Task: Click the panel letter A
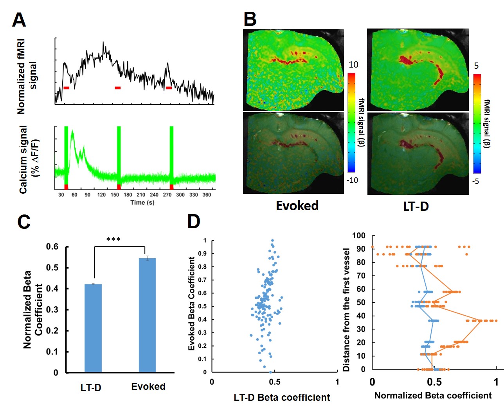click(x=19, y=20)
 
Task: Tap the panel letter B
click(x=250, y=19)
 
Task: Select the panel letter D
click(x=194, y=221)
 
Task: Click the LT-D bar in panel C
click(x=93, y=328)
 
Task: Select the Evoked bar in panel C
click(x=147, y=315)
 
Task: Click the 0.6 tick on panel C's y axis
click(x=52, y=246)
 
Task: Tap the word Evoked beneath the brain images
click(x=297, y=205)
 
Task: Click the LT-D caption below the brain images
click(x=416, y=206)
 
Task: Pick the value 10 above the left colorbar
click(x=353, y=65)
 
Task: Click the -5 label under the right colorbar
click(x=475, y=181)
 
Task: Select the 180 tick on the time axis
click(x=128, y=195)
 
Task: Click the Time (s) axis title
click(x=142, y=202)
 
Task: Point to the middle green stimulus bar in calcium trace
click(x=119, y=154)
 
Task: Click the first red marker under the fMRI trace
click(x=66, y=88)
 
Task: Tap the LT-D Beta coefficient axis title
click(x=282, y=397)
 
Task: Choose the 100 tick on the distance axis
click(x=358, y=236)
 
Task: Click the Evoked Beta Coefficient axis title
click(x=191, y=304)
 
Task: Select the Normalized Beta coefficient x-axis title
click(x=433, y=395)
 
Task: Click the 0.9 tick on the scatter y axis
click(x=202, y=254)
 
